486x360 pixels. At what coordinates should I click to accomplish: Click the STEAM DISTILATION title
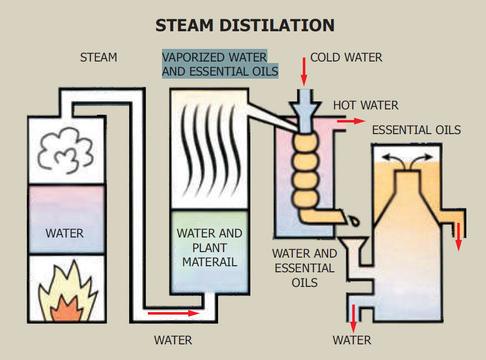(x=244, y=25)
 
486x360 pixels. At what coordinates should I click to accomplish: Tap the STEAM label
(x=98, y=57)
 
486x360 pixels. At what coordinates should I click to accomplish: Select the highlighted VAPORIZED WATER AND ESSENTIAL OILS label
(x=220, y=64)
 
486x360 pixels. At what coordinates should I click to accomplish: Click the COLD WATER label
(x=346, y=57)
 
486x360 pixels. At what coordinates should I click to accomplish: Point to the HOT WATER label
(x=365, y=105)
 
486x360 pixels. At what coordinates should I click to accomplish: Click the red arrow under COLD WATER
(x=304, y=72)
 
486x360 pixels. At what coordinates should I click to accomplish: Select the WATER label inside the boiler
(x=65, y=233)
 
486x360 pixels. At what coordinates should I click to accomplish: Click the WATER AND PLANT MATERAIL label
(x=209, y=248)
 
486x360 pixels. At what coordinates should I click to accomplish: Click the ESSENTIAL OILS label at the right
(x=416, y=130)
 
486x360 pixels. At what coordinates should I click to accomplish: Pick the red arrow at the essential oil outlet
(x=458, y=235)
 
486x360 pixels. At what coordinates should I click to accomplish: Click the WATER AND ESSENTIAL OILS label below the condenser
(x=304, y=267)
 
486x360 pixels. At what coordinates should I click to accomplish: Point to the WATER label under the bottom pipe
(x=173, y=340)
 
